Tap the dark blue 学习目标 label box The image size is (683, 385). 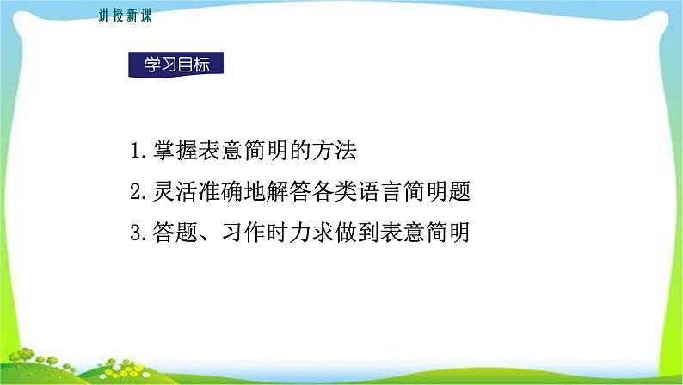tap(175, 65)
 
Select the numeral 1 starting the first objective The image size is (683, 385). tap(135, 152)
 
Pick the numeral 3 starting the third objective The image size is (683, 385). tap(135, 233)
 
